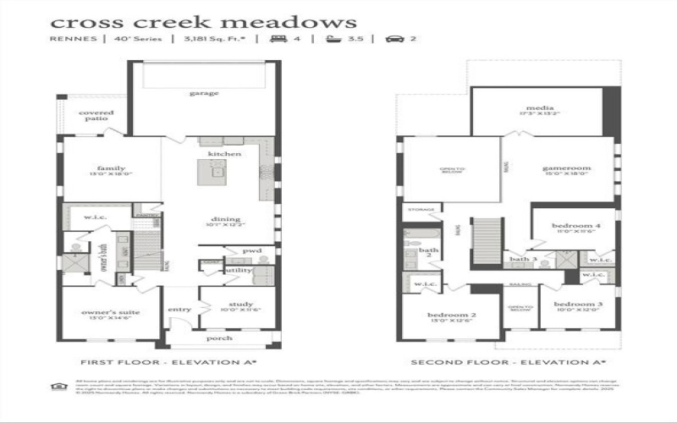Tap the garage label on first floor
click(x=203, y=93)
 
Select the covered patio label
click(x=96, y=115)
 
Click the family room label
click(x=111, y=168)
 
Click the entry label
click(x=179, y=310)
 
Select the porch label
click(x=220, y=338)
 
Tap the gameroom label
click(x=566, y=168)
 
